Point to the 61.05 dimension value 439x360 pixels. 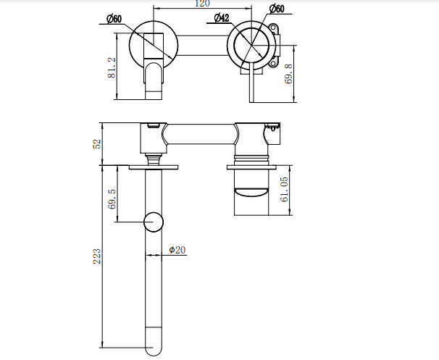284,191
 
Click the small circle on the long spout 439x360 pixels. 154,222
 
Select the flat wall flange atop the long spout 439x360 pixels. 154,168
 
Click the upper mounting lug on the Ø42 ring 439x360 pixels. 275,30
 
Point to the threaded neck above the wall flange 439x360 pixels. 154,156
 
